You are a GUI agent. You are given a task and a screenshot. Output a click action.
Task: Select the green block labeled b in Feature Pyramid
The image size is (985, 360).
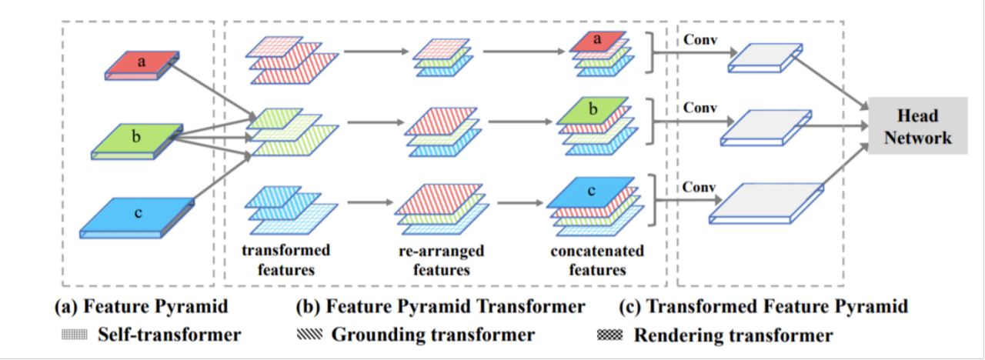click(x=137, y=138)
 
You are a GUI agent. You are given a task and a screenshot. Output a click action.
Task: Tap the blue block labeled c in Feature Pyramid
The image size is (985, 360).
click(x=138, y=215)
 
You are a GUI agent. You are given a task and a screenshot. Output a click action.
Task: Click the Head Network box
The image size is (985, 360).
click(x=917, y=127)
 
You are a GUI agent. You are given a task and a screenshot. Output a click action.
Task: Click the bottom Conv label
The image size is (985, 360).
click(x=698, y=188)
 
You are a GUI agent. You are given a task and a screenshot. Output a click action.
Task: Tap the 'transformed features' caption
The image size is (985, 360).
click(x=285, y=260)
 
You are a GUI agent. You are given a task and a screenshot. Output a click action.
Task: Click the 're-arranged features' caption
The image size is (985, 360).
click(x=441, y=260)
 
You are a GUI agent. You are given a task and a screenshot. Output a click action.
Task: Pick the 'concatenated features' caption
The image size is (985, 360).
click(x=597, y=260)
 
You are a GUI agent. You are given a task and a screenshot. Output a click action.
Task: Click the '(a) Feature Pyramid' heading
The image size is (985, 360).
click(x=141, y=307)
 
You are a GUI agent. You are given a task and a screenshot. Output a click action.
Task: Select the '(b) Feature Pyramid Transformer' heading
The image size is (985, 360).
click(x=440, y=307)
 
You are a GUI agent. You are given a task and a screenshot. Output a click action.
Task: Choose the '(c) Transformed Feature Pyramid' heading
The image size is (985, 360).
click(x=763, y=307)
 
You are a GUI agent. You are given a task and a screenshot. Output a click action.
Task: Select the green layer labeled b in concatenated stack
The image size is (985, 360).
click(x=593, y=110)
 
